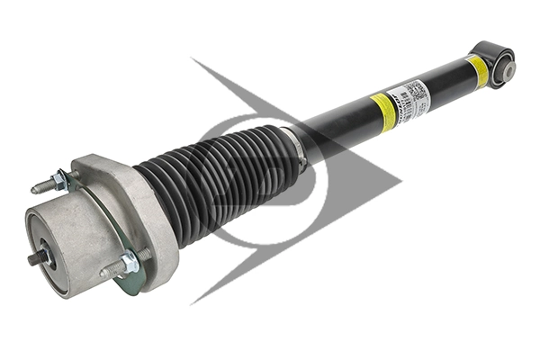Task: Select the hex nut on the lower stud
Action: (x=129, y=263)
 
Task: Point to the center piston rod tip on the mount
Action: (x=35, y=257)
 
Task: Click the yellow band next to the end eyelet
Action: (x=477, y=71)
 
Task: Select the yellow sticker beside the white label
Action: (x=383, y=112)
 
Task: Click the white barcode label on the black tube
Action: (x=410, y=99)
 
